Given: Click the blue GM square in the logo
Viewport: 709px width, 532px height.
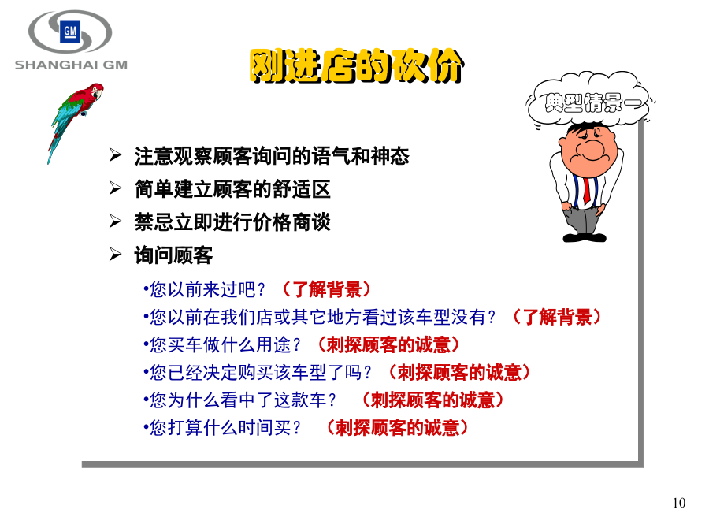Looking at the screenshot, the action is point(70,32).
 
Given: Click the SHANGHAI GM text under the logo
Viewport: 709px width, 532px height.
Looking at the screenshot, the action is point(71,65).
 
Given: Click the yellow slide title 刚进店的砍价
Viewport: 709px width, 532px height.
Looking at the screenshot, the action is point(357,66).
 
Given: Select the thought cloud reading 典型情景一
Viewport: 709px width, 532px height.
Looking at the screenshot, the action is point(589,102).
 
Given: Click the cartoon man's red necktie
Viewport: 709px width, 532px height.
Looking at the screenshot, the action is point(586,191).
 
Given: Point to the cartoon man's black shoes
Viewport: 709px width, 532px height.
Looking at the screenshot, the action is point(585,237).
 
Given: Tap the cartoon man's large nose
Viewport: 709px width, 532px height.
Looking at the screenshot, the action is point(592,150).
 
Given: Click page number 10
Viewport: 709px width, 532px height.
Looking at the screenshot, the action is point(679,503).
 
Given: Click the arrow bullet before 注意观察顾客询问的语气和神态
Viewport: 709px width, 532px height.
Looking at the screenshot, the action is point(115,155).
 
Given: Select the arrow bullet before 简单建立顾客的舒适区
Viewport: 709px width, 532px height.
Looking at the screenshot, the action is point(115,188).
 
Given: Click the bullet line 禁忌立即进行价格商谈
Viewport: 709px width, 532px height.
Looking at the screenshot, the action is point(232,222).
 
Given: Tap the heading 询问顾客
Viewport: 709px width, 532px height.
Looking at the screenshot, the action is point(173,255).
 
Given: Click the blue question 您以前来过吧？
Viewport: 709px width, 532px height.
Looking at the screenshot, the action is point(204,289).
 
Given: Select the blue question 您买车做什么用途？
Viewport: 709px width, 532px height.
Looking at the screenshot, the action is point(222,344).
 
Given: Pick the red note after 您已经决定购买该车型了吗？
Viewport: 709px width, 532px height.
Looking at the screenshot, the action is point(459,372).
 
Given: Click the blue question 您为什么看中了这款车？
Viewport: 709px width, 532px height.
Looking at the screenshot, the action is point(239,400).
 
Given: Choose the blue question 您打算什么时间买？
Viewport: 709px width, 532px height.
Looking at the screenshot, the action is point(222,428).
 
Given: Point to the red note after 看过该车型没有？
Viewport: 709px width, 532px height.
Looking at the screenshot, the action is point(558,317).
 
